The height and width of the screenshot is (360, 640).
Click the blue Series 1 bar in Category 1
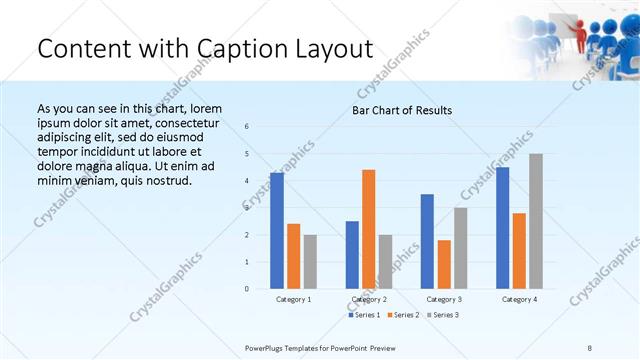276,231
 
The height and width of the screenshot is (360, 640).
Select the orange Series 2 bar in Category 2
368,229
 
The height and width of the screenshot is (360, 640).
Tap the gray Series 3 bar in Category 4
536,221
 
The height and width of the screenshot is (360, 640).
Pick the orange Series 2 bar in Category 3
444,264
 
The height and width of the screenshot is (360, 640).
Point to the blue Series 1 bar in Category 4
502,228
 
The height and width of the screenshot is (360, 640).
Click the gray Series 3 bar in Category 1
310,262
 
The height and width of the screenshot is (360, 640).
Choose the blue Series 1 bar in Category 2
352,255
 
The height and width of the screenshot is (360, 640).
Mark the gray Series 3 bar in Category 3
460,248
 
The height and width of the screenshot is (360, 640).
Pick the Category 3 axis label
444,299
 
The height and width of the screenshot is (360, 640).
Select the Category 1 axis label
293,299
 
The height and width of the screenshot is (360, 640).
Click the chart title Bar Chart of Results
402,110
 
